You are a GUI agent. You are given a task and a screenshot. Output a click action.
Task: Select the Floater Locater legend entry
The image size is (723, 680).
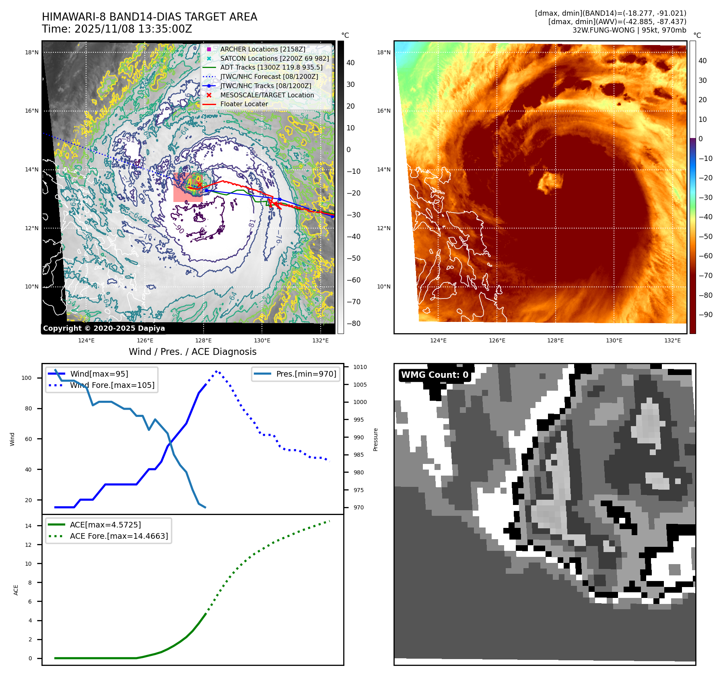pos(244,104)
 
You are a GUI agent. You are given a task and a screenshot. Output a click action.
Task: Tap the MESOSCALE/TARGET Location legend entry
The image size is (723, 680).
pos(267,95)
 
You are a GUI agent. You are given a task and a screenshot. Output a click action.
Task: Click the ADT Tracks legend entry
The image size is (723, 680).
pos(271,67)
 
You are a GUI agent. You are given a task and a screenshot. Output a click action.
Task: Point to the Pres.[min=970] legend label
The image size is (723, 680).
pos(306,374)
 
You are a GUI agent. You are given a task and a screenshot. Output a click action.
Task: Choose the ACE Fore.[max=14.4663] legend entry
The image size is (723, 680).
pos(119,536)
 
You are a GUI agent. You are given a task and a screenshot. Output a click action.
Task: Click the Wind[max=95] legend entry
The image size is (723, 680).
pos(99,374)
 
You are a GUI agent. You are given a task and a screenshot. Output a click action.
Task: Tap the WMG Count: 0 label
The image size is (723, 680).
pos(435,375)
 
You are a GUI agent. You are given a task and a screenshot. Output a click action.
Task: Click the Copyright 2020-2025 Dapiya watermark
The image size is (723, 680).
pos(104,328)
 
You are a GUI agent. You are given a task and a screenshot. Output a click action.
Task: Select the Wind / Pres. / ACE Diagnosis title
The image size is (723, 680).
pos(192,352)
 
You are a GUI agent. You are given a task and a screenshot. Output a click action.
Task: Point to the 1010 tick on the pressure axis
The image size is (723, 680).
pos(360,367)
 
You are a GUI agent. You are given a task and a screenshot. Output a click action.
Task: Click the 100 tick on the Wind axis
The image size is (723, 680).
pos(27,378)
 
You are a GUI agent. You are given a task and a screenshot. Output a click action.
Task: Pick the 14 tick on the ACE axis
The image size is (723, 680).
pos(28,526)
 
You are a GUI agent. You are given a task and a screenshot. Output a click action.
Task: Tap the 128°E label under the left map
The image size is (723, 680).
pos(204,340)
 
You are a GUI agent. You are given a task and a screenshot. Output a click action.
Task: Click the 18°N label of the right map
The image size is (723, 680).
pos(383,52)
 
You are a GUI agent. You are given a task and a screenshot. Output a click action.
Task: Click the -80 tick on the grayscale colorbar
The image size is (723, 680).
pos(354,323)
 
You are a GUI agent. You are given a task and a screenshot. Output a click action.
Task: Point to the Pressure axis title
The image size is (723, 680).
pos(375,439)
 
